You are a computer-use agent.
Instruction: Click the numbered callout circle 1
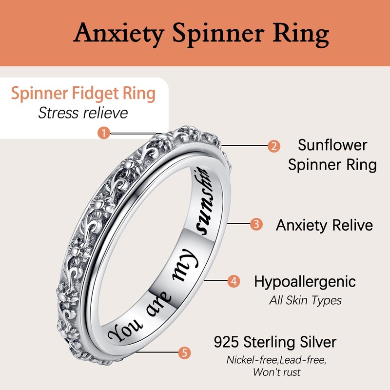tap(104, 133)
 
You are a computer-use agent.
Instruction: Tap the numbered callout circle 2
tap(274, 146)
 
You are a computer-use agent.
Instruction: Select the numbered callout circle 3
tap(256, 225)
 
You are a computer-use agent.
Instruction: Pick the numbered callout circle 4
tap(234, 281)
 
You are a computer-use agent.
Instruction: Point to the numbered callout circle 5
tap(184, 352)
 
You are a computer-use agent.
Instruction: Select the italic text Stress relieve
tap(83, 113)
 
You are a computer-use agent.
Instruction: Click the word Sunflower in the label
tap(332, 145)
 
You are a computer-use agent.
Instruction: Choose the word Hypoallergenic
tap(305, 281)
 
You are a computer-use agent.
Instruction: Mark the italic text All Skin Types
tap(305, 300)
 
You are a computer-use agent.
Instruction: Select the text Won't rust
tap(275, 372)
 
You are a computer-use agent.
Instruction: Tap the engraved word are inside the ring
tap(154, 299)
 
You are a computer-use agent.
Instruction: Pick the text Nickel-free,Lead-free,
tap(275, 360)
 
